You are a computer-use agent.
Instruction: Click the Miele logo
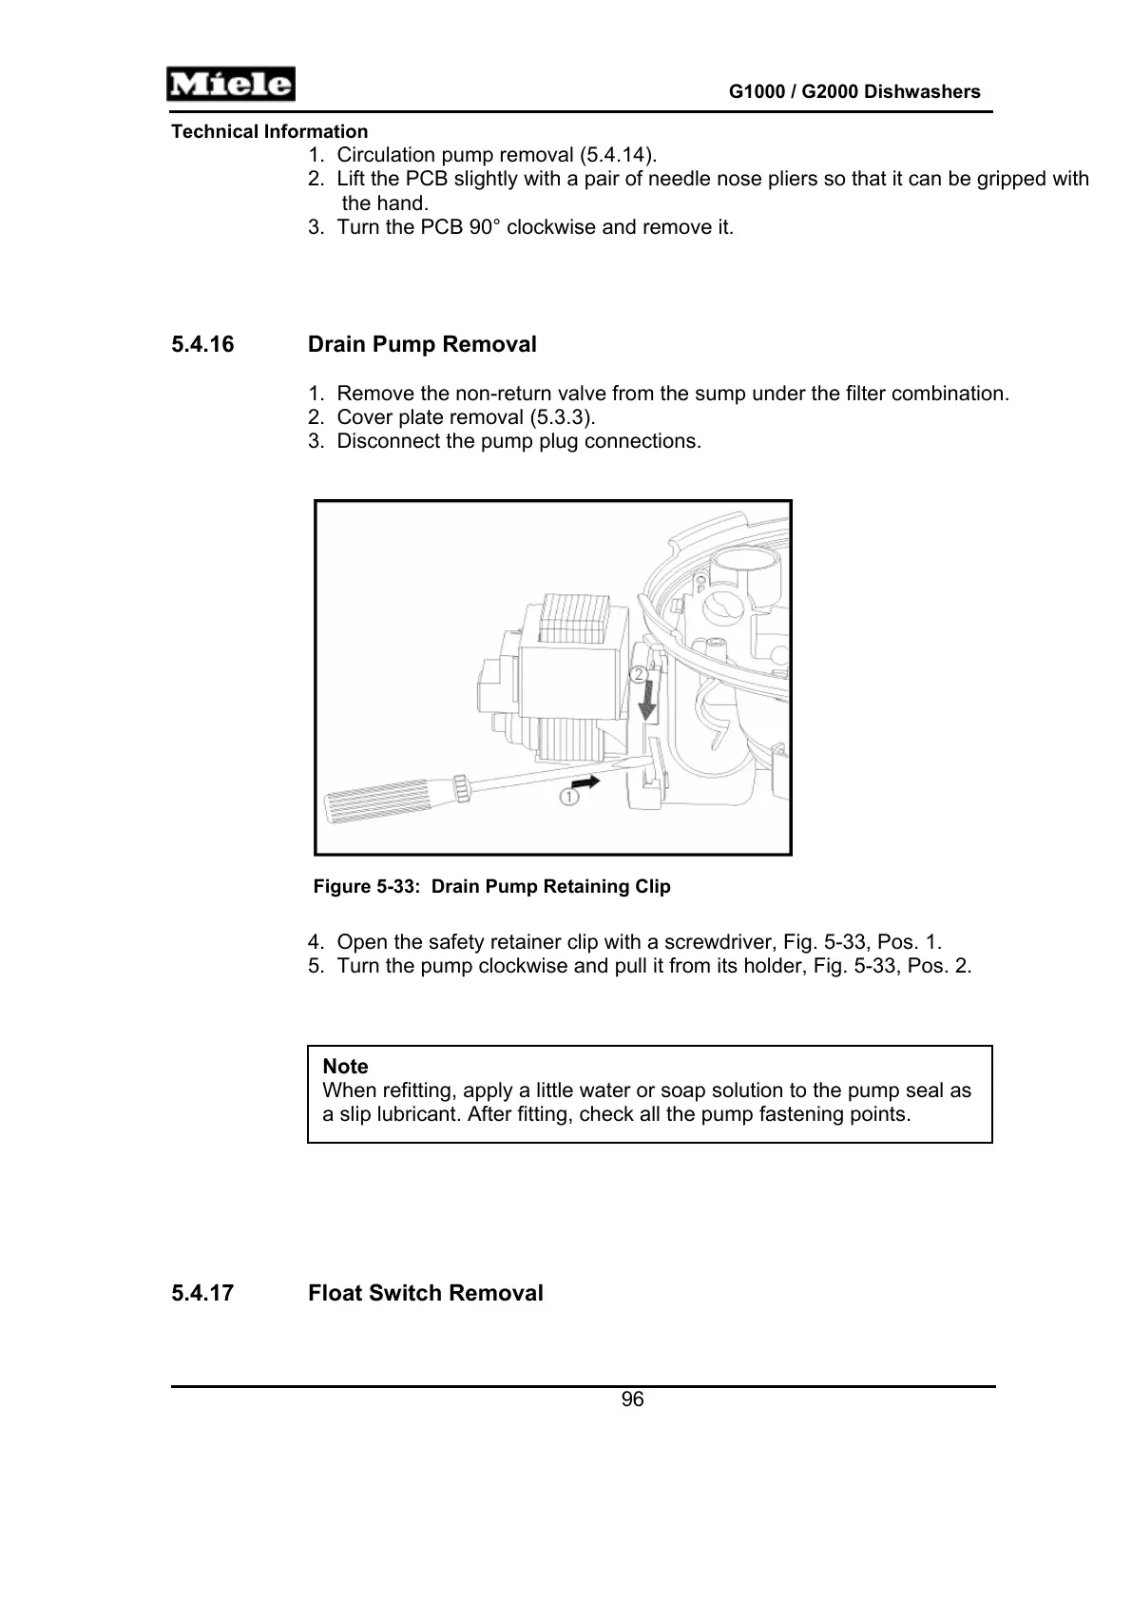[230, 85]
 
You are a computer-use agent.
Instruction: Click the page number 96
[632, 1399]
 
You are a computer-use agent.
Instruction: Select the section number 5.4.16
[202, 344]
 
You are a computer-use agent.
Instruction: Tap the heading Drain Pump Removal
[422, 344]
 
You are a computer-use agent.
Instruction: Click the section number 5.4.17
[202, 1293]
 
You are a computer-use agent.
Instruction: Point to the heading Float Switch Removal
[425, 1293]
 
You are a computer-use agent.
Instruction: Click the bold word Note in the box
[345, 1067]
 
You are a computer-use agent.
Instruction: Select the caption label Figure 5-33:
[366, 887]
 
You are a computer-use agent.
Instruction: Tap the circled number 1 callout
[568, 797]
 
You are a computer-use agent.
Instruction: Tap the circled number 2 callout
[640, 674]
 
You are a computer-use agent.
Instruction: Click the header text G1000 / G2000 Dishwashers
[854, 92]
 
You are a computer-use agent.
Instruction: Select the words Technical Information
[269, 132]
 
